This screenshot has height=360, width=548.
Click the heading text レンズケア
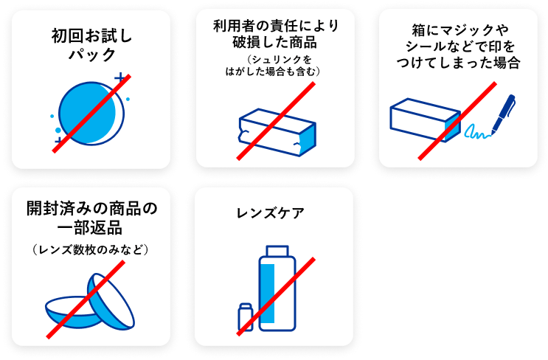[271, 213]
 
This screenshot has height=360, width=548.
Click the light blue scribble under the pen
[477, 132]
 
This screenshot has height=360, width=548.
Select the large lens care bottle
[277, 288]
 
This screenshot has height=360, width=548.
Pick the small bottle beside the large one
[246, 316]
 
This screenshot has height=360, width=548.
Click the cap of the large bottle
[277, 251]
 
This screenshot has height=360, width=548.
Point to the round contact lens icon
[91, 114]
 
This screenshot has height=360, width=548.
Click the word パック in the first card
[92, 55]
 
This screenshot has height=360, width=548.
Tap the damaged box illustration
[277, 132]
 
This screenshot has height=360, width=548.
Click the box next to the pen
[425, 120]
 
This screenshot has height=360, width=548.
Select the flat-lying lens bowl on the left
[74, 313]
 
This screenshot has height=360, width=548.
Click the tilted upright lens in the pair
[111, 301]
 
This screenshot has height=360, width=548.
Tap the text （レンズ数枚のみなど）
[91, 249]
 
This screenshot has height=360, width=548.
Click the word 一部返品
[90, 228]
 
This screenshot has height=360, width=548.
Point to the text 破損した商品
[274, 42]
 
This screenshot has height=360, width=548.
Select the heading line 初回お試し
[91, 35]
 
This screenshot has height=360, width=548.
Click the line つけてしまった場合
[458, 63]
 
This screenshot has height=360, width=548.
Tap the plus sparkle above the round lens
[120, 77]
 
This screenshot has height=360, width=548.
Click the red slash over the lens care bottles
[276, 297]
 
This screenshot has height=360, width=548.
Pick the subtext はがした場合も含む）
[273, 72]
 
